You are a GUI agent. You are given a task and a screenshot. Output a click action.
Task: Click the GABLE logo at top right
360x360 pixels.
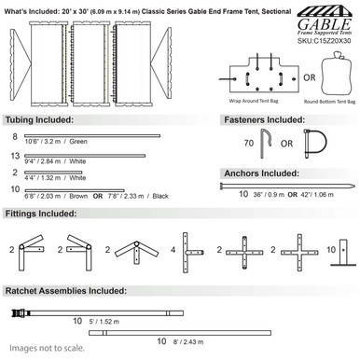point(312,21)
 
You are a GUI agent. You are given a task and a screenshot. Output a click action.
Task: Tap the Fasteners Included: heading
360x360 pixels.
point(265,122)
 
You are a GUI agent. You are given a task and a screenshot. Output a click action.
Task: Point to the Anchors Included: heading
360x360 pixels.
point(260,173)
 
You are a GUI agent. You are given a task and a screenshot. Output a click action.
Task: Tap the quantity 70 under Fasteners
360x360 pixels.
point(248,145)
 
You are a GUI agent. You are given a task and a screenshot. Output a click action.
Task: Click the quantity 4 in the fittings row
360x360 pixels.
point(173,250)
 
